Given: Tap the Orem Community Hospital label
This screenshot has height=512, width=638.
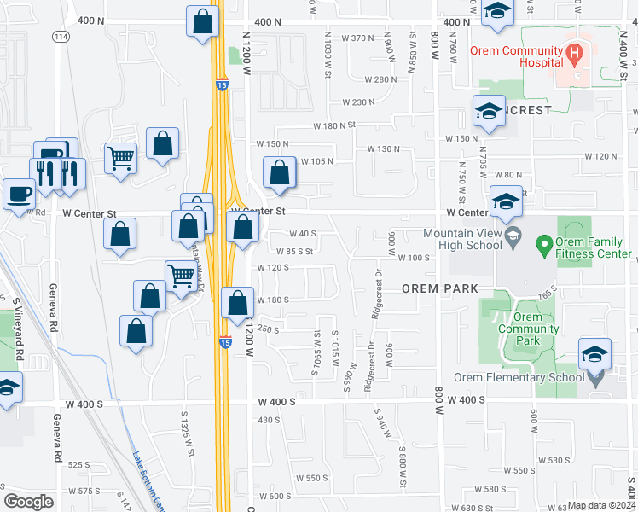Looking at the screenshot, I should (516, 56).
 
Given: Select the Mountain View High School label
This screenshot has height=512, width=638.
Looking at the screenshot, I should (466, 239).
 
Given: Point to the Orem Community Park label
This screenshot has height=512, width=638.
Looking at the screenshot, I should (528, 329).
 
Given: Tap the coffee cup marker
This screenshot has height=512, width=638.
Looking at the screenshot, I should (16, 193).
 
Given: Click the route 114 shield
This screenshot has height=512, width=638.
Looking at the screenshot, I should (60, 37).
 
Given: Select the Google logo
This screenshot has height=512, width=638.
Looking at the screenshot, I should (29, 502).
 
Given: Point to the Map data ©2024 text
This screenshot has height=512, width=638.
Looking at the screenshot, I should (601, 505).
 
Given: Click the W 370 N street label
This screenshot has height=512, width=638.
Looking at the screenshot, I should (357, 38).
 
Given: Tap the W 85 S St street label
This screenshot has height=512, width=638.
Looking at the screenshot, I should (294, 251).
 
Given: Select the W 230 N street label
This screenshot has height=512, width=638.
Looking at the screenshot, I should (358, 102).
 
